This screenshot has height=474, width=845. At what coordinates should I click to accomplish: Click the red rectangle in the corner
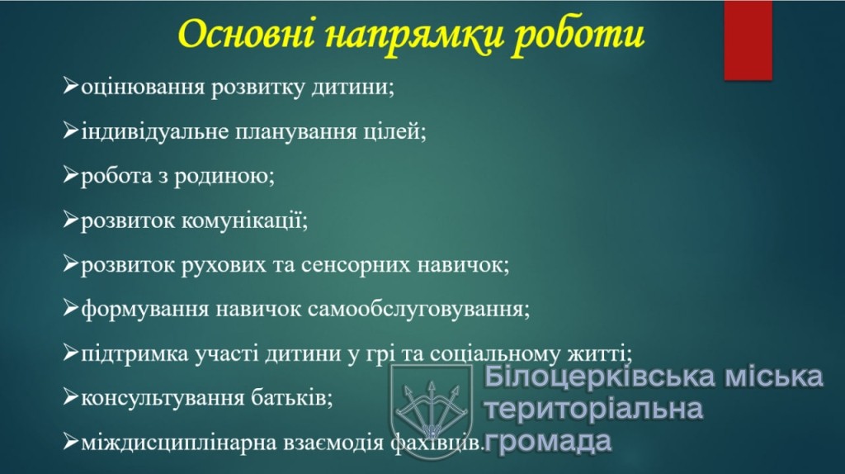(x=748, y=40)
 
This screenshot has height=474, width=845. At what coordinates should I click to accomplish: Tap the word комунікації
(x=244, y=220)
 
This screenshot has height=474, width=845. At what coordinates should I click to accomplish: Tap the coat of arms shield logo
(x=431, y=408)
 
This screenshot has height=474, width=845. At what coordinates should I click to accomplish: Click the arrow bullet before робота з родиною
(x=71, y=175)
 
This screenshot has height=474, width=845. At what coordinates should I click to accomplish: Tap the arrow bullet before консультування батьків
(x=71, y=397)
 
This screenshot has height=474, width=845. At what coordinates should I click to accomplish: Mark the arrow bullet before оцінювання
(x=71, y=86)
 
